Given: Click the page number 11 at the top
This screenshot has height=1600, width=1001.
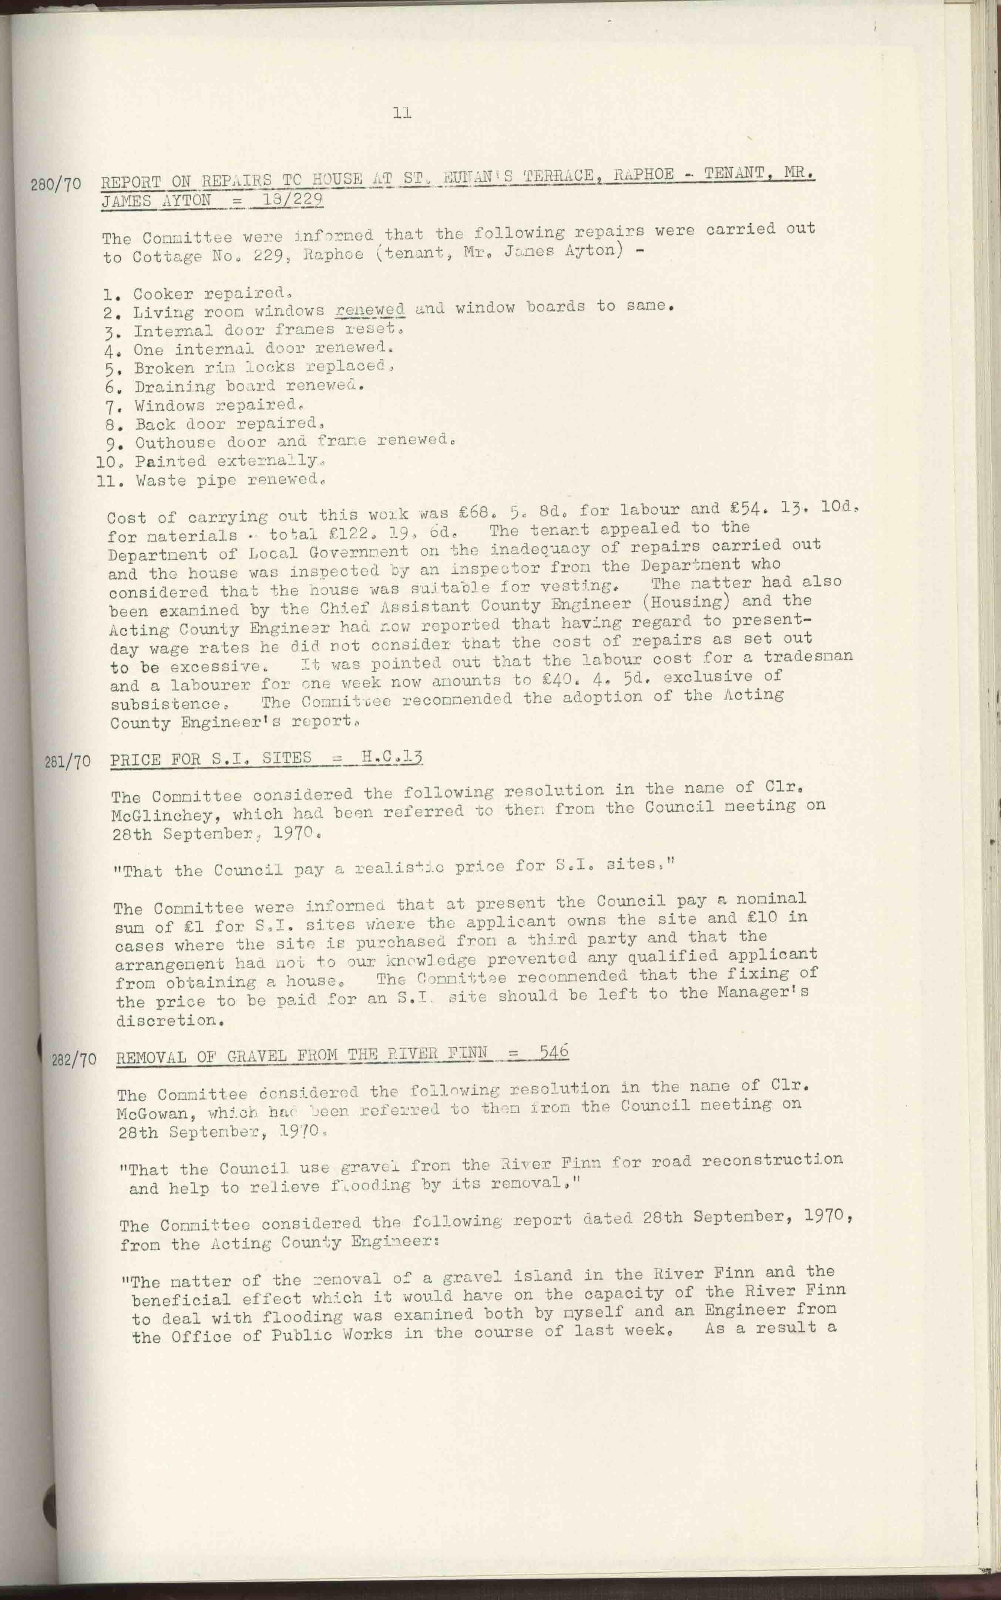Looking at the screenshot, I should coord(402,113).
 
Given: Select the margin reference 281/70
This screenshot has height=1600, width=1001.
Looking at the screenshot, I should coord(67,761).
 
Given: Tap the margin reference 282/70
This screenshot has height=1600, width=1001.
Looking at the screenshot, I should coord(74,1059).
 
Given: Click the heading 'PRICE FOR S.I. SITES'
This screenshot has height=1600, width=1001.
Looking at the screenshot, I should coord(211,759).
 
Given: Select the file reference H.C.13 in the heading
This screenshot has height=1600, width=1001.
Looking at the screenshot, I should coord(392,756).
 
